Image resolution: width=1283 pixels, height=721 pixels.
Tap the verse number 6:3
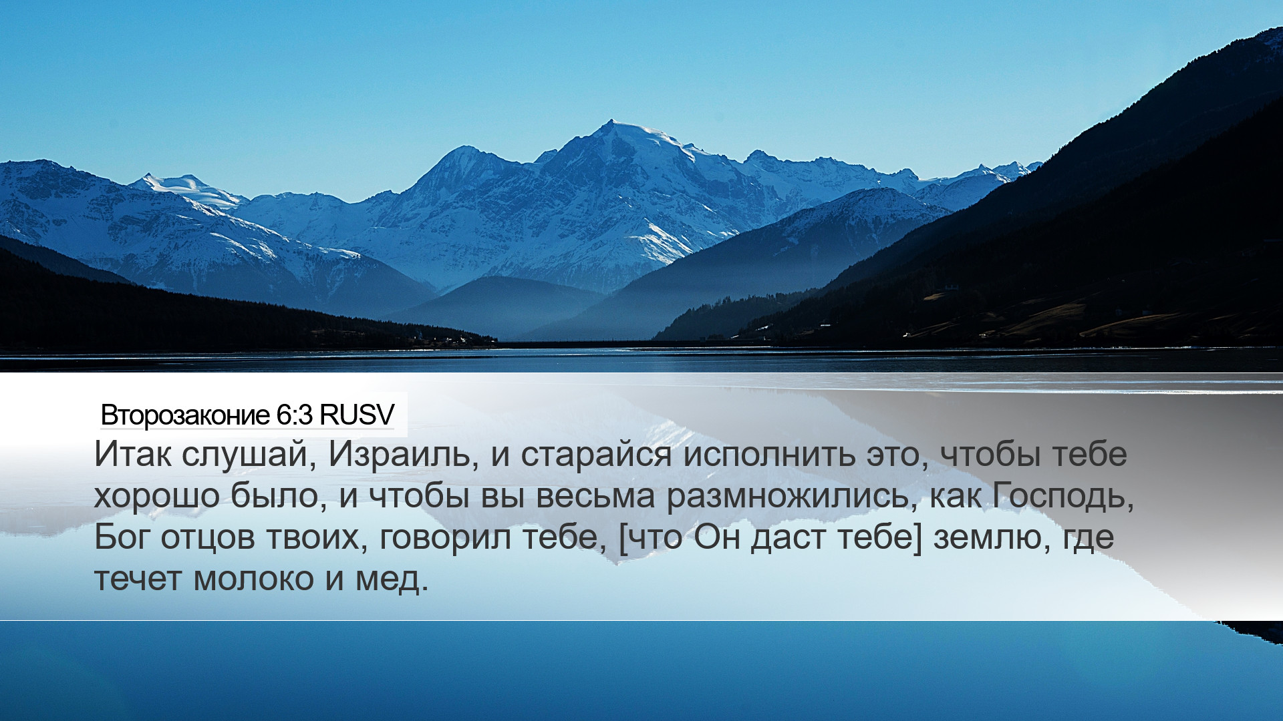coord(294,415)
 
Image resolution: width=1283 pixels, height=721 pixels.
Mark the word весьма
coord(595,496)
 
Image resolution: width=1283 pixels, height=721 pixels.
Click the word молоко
coord(254,579)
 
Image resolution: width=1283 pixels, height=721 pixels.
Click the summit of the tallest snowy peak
coord(611,121)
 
